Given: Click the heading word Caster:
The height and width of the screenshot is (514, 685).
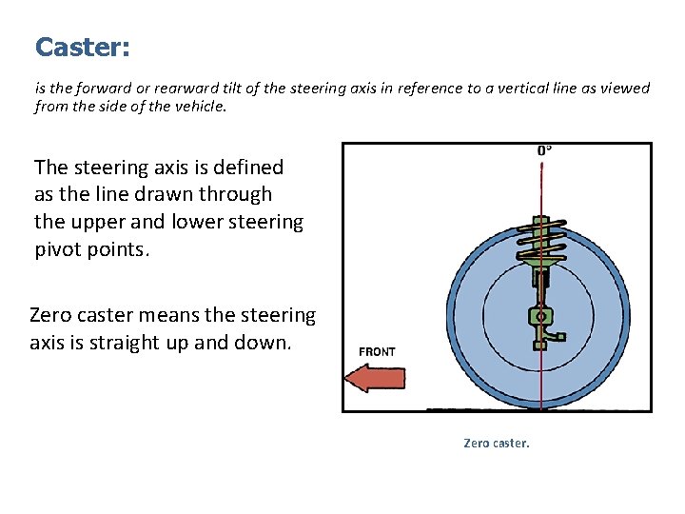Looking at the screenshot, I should pyautogui.click(x=82, y=47).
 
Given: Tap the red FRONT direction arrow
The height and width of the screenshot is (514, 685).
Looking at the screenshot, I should pyautogui.click(x=374, y=378).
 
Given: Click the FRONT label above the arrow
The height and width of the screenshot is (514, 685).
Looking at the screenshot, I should pyautogui.click(x=377, y=352).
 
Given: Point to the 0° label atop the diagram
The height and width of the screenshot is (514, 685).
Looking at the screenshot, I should pyautogui.click(x=543, y=150).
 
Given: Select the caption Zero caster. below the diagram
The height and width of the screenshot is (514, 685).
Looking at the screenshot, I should pyautogui.click(x=496, y=444).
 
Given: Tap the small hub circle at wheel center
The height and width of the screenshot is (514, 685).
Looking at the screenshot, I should pyautogui.click(x=540, y=314).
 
